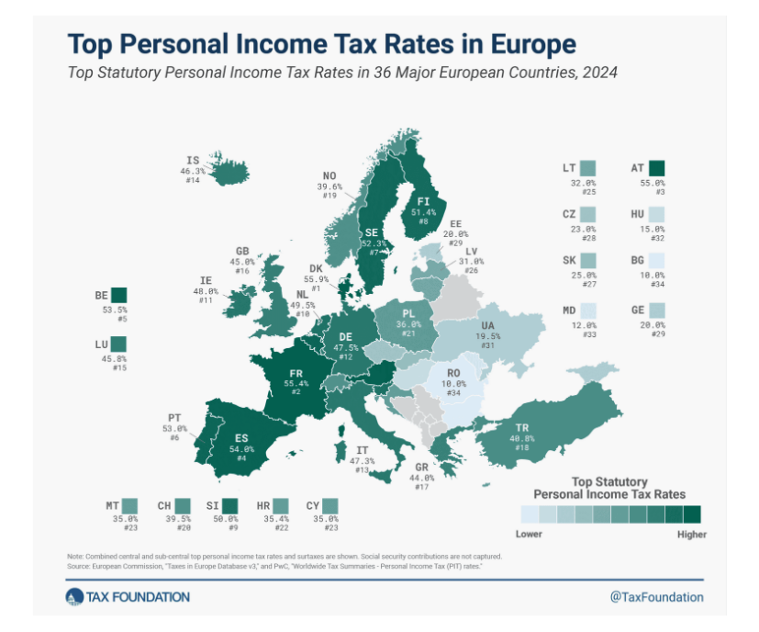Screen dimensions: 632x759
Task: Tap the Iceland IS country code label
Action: pyautogui.click(x=193, y=159)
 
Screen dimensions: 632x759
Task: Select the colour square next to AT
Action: pyautogui.click(x=655, y=168)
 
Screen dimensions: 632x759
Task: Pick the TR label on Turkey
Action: pyautogui.click(x=522, y=428)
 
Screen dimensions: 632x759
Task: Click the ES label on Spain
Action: pyautogui.click(x=242, y=438)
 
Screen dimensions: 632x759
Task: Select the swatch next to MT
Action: pyautogui.click(x=129, y=505)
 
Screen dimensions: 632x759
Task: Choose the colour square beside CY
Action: pyautogui.click(x=330, y=505)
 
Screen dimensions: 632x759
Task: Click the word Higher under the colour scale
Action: pyautogui.click(x=691, y=534)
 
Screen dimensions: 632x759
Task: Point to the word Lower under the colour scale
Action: pyautogui.click(x=529, y=534)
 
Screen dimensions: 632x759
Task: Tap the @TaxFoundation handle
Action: pyautogui.click(x=656, y=597)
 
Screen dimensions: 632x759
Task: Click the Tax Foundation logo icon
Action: pyautogui.click(x=74, y=598)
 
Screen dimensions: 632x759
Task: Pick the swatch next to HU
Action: pyautogui.click(x=655, y=214)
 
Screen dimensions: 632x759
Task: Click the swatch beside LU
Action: pyautogui.click(x=118, y=345)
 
